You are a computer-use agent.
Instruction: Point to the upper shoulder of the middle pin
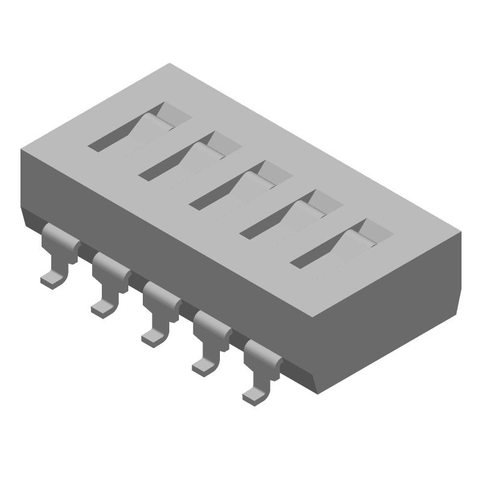tap(161, 292)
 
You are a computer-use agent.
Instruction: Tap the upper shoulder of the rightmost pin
tap(263, 350)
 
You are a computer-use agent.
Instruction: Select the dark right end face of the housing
tap(392, 301)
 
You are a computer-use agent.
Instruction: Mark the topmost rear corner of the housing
tap(171, 63)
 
